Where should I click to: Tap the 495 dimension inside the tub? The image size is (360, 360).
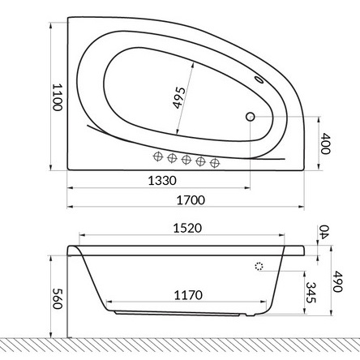(x=179, y=98)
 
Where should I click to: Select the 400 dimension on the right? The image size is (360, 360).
(x=326, y=144)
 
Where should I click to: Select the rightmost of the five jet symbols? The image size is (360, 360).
(x=215, y=162)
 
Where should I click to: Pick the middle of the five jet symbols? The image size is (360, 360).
(x=186, y=158)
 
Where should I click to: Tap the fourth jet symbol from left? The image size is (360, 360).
(x=201, y=161)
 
